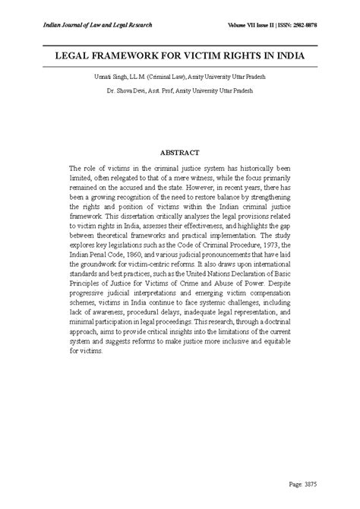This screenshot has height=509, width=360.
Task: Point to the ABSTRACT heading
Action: (180, 153)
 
